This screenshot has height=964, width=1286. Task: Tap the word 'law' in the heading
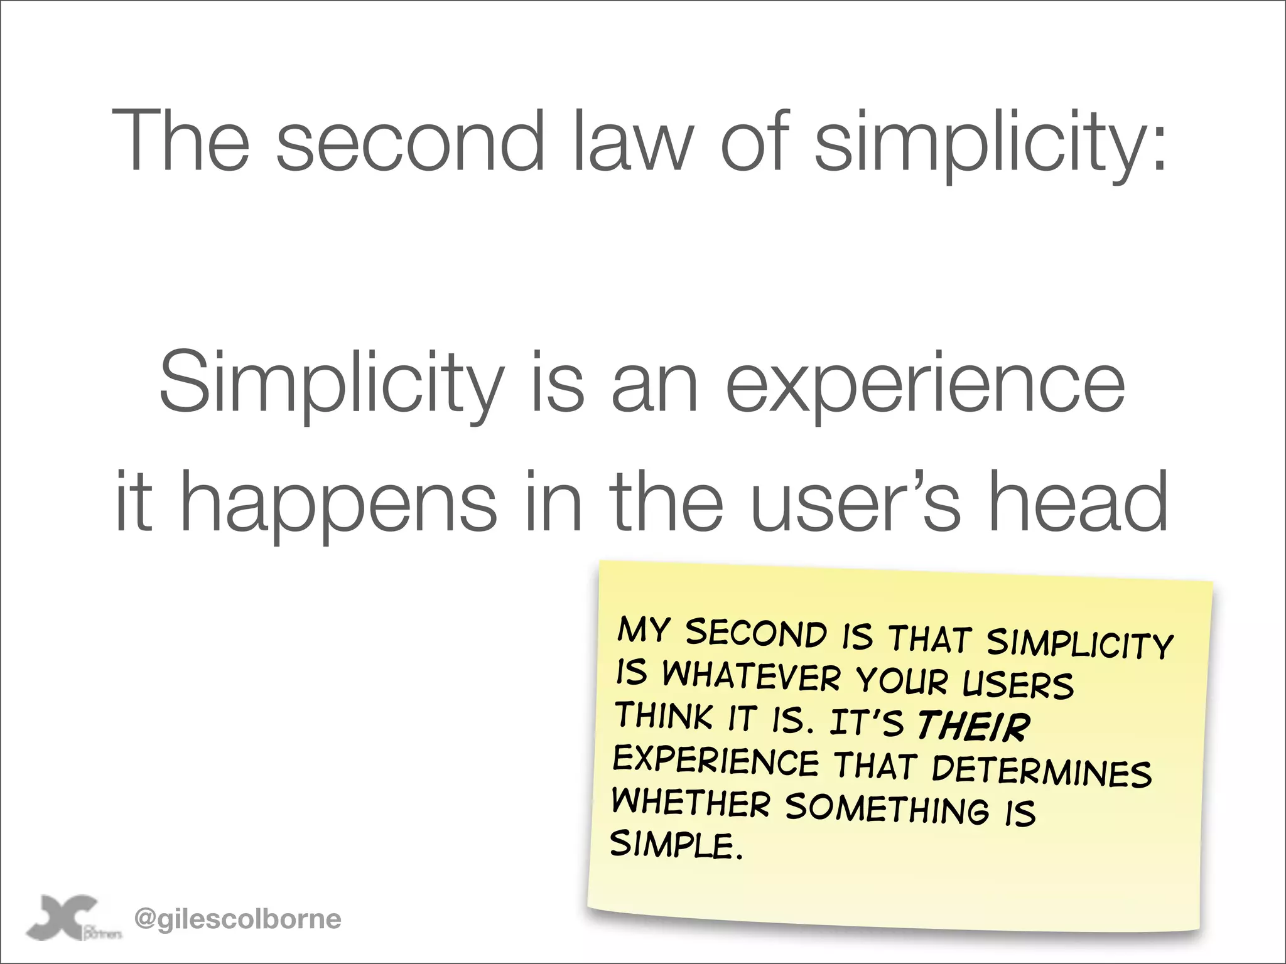coord(635,141)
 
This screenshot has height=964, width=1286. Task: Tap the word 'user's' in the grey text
coord(855,502)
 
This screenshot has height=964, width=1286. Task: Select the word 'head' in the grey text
coord(1078,502)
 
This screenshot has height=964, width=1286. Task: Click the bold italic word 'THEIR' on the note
coord(973,726)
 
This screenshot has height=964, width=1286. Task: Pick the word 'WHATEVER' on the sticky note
coord(751,677)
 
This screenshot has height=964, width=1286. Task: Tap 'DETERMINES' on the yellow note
coord(1042,771)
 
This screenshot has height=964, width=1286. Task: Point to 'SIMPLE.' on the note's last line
coord(676,845)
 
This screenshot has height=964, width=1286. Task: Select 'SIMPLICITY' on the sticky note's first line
coord(1079,643)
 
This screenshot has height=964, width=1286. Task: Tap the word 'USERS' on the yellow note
coord(1018,684)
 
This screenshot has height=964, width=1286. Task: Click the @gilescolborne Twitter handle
coord(238,919)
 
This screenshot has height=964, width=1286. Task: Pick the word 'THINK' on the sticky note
coord(663,716)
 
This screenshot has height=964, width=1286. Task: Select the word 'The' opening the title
coord(181,141)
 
